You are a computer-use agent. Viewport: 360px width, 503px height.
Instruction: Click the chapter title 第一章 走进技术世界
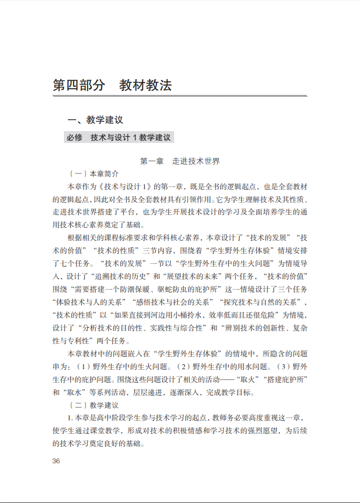coord(179,161)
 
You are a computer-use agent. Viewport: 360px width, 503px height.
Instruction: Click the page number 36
coord(56,461)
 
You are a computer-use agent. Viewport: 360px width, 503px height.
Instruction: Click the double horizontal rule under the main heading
coord(179,96)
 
